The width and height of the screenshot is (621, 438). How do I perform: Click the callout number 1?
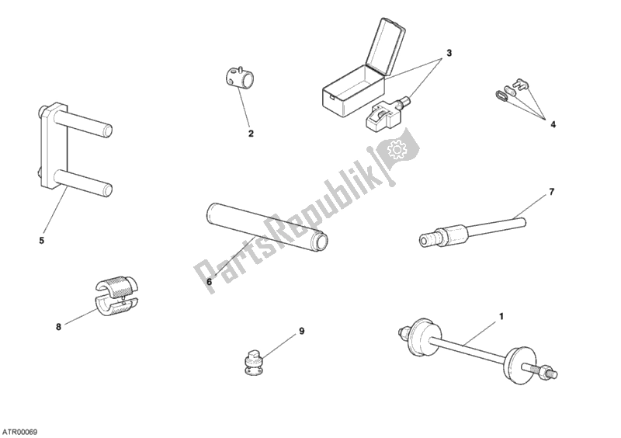coord(501,317)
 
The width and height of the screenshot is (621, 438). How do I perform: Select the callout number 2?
coord(251,134)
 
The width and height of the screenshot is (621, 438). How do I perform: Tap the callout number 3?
coord(449,53)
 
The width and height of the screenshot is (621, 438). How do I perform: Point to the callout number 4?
coord(553,124)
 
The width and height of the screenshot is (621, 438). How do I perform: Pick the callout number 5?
coord(42,240)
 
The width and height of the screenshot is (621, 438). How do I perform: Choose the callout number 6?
coord(209,282)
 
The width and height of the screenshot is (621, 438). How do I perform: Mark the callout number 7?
coord(552,192)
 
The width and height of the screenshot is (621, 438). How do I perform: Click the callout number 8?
coord(59,327)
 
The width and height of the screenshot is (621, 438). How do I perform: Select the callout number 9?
coord(301,331)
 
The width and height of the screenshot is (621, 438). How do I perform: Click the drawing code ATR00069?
coord(19,431)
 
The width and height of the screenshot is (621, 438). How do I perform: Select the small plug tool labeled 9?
coord(251,361)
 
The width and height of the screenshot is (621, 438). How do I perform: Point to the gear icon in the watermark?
coord(395,149)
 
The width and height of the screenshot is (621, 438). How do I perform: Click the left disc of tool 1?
coord(421,337)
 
